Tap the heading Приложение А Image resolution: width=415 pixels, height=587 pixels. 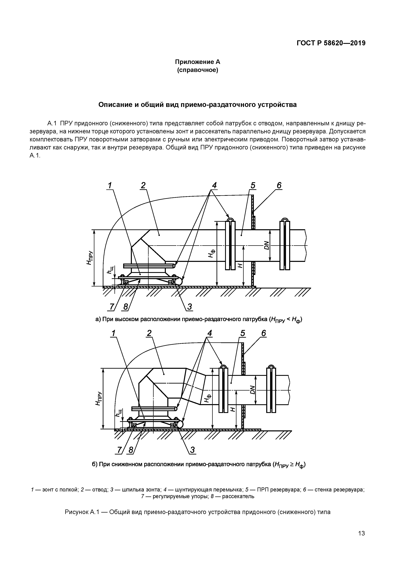(197, 62)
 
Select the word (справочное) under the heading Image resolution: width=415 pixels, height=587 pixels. (197, 70)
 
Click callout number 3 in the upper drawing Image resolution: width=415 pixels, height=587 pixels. (189, 307)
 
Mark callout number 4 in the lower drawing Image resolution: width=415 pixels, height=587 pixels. (210, 333)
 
